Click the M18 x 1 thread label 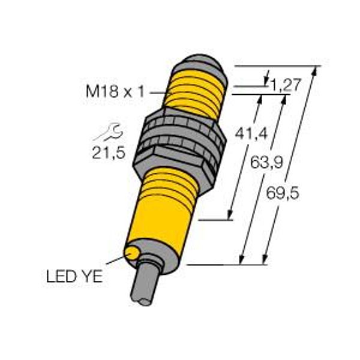point(115,91)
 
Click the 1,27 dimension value point(286,85)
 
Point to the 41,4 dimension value point(251,133)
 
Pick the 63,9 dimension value point(266,161)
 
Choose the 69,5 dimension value point(283,193)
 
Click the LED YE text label point(74,276)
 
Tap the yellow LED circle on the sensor point(131,253)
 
